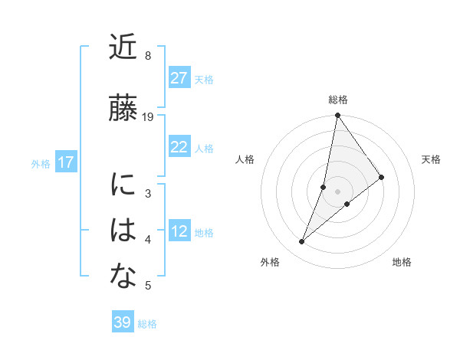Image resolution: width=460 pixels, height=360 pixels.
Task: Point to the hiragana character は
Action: [123, 231]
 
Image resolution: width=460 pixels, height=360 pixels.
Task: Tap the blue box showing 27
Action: [179, 78]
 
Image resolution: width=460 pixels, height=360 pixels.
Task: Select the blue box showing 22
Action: [179, 147]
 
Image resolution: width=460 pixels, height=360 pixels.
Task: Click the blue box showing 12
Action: [179, 231]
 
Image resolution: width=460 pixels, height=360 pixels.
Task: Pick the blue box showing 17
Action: [65, 162]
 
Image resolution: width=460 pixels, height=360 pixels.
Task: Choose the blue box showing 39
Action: [123, 322]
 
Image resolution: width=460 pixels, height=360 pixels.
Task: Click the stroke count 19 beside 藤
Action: [148, 116]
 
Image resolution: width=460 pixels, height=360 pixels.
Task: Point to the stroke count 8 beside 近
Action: [148, 56]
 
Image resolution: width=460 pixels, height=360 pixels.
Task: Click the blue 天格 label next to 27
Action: [204, 79]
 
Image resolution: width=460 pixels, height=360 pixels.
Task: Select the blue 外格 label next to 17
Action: [40, 163]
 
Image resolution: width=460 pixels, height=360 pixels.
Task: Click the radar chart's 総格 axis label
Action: [338, 100]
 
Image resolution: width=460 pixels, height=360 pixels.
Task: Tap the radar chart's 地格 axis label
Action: [402, 262]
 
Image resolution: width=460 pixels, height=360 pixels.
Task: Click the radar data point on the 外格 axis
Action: [302, 242]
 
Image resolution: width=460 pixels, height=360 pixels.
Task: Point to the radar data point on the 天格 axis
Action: [382, 177]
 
